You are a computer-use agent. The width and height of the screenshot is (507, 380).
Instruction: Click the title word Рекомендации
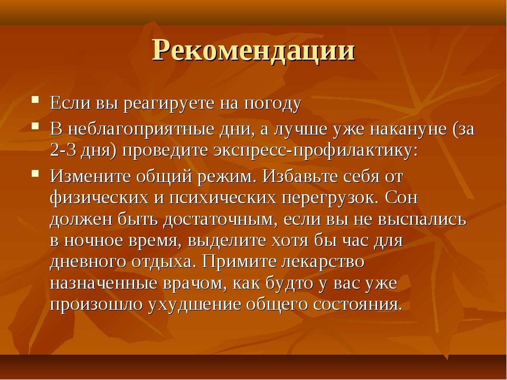pos(254,52)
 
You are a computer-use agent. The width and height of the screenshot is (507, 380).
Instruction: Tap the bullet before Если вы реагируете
pos(35,99)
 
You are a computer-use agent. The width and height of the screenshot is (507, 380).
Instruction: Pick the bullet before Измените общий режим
pos(35,173)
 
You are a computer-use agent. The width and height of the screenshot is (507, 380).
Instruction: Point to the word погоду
pos(273,104)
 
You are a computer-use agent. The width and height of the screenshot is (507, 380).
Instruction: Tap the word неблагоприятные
pos(141,129)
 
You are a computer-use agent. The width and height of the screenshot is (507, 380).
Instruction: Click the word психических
pos(223,198)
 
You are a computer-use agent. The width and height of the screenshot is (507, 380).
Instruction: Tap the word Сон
pos(401,197)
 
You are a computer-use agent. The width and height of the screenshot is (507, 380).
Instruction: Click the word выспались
pos(422,220)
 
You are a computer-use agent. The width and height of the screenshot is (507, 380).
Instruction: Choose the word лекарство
pos(323,262)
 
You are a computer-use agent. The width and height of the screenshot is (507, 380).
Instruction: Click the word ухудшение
pos(195,305)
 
